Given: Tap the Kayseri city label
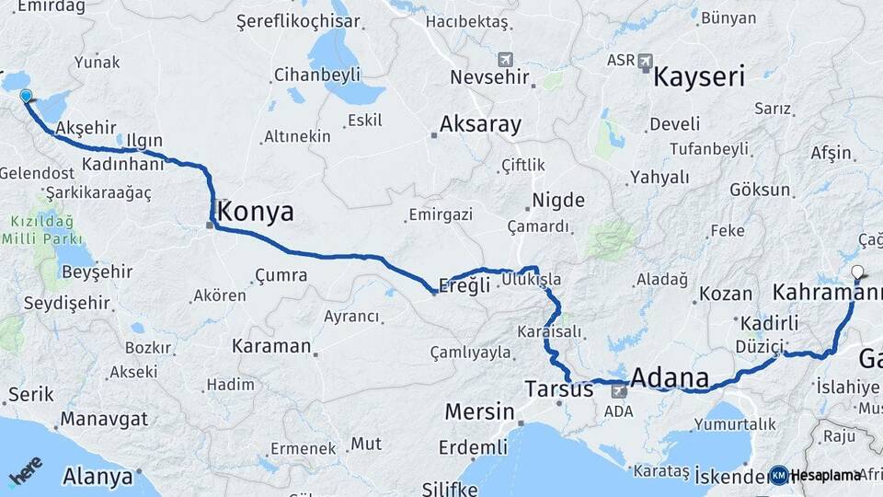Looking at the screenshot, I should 699,76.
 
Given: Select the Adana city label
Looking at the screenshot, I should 671,377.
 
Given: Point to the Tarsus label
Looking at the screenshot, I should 559,388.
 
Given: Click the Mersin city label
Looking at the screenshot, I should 479,411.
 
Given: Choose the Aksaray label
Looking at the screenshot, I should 480,123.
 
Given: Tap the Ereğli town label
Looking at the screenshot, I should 466,285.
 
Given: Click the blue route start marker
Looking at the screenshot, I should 26,96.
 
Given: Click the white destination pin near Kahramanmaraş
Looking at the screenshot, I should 858,272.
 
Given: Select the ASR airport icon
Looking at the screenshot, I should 645,63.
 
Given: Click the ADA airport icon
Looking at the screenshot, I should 618,392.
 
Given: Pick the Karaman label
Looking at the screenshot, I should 271,346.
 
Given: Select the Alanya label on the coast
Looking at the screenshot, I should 98,477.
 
